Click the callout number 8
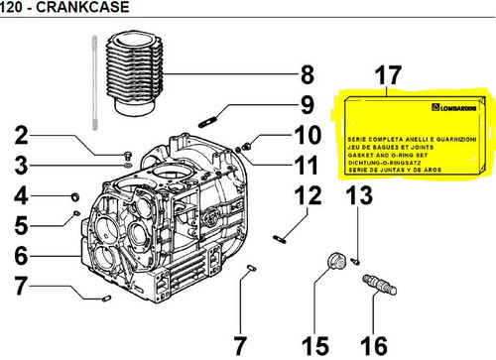(308, 74)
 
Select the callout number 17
(388, 75)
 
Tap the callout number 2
(22, 136)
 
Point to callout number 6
(22, 255)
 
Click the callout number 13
(359, 195)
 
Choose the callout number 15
(315, 346)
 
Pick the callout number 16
(374, 346)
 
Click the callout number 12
(308, 195)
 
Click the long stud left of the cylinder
(95, 82)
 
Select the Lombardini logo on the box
(454, 107)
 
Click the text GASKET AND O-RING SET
(388, 155)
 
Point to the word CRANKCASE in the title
(82, 7)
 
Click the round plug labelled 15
(336, 261)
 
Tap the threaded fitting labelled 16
(380, 285)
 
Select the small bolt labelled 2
(128, 156)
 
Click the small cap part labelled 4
(75, 196)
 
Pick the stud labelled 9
(207, 121)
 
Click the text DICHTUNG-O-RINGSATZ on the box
(384, 163)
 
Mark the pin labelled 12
(280, 239)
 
